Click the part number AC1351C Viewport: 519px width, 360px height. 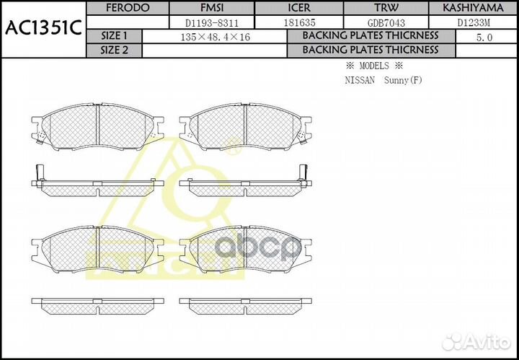point(43,30)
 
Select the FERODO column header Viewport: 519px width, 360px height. point(114,8)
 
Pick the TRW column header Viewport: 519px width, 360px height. point(386,8)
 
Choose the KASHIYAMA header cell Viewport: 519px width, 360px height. point(473,8)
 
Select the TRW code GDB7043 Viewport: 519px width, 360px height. point(386,22)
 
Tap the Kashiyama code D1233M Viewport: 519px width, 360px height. point(473,22)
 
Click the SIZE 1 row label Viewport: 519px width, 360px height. point(114,36)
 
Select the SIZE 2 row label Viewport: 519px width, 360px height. point(114,50)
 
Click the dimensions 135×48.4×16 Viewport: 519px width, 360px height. point(215,36)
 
